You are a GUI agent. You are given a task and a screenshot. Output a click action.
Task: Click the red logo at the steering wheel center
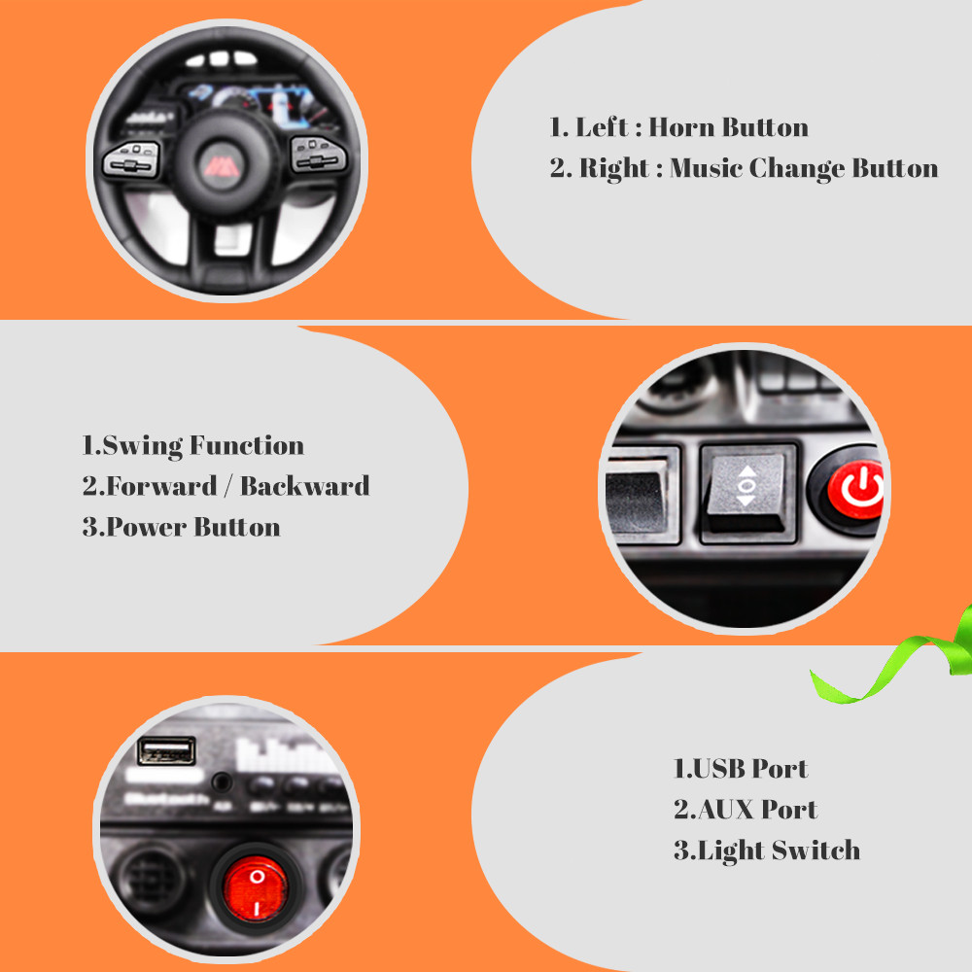click(x=222, y=165)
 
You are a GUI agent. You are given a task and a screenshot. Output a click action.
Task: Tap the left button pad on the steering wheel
click(x=132, y=159)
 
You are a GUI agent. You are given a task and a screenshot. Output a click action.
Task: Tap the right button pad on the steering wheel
click(x=319, y=155)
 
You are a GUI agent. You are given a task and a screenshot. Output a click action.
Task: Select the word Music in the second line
click(x=706, y=168)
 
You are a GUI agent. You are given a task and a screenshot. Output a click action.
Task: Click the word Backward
click(x=305, y=486)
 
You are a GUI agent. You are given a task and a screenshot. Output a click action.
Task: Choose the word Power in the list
click(x=147, y=527)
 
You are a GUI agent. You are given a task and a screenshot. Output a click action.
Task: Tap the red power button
click(x=856, y=490)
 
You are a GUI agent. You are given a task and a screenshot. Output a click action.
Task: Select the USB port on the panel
click(x=166, y=750)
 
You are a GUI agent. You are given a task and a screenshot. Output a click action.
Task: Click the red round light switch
click(x=256, y=887)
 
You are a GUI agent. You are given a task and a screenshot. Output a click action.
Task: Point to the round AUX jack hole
click(x=222, y=782)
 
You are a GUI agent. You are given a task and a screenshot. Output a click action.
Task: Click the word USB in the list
click(x=718, y=769)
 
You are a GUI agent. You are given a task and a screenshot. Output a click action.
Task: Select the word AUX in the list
click(x=725, y=810)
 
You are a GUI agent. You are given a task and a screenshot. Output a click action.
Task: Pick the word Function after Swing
click(x=247, y=446)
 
